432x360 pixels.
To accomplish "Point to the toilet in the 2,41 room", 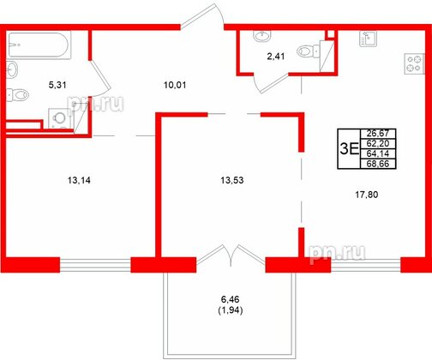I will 304,51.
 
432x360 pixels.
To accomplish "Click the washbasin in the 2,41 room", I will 259,37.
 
